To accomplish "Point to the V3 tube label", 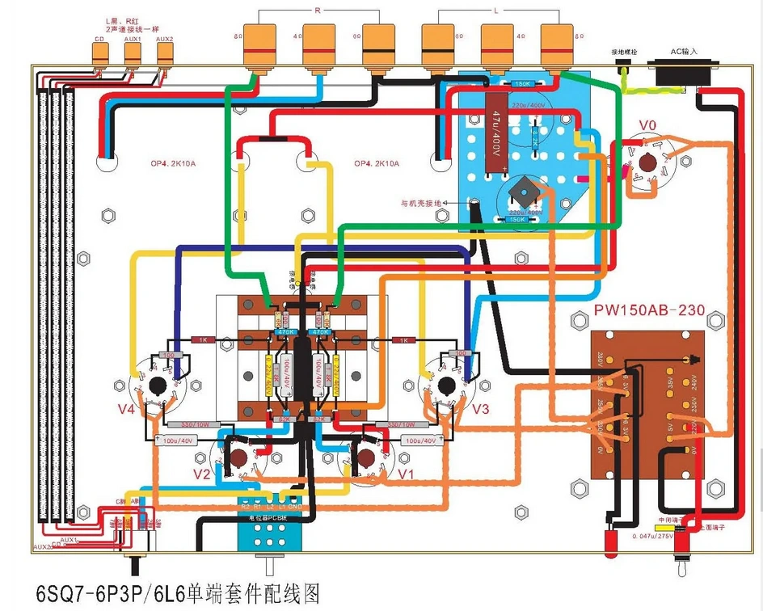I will (x=479, y=409).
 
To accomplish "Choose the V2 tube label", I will (x=201, y=474).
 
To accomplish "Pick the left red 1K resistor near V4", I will (x=201, y=341).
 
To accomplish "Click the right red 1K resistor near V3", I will (x=402, y=341).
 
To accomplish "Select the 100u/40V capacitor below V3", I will (x=421, y=440).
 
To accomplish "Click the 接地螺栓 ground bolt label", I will (x=623, y=51).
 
